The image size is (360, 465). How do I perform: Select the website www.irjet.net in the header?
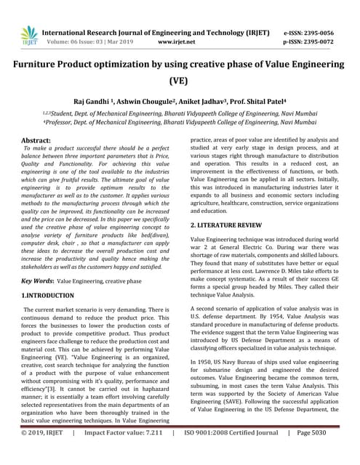click(180, 43)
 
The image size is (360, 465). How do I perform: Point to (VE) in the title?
click(180, 81)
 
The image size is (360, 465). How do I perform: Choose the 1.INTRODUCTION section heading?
click(47, 296)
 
